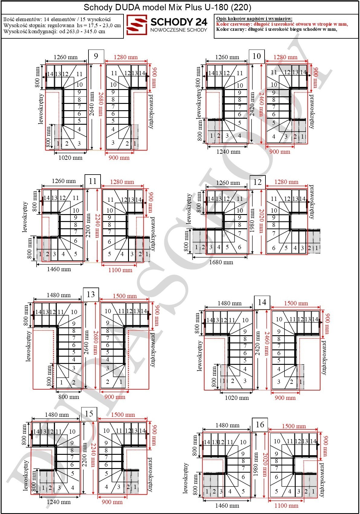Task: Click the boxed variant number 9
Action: pyautogui.click(x=96, y=56)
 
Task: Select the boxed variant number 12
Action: pyautogui.click(x=257, y=182)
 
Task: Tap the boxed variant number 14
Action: pyautogui.click(x=262, y=302)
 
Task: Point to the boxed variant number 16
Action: pyautogui.click(x=260, y=425)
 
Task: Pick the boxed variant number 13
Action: pyautogui.click(x=91, y=294)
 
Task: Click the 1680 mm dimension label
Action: pyautogui.click(x=221, y=262)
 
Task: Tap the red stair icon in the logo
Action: pyautogui.click(x=137, y=25)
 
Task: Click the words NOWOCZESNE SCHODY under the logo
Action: pyautogui.click(x=179, y=30)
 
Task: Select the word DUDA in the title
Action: pyautogui.click(x=127, y=7)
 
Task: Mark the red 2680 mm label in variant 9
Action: pyautogui.click(x=101, y=104)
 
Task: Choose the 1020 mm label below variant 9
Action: pyautogui.click(x=70, y=158)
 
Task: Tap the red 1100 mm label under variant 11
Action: pyautogui.click(x=120, y=270)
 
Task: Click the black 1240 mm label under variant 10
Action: pyautogui.click(x=228, y=152)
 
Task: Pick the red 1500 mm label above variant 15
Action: pyautogui.click(x=123, y=415)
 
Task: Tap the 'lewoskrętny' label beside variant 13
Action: pyautogui.click(x=28, y=346)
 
